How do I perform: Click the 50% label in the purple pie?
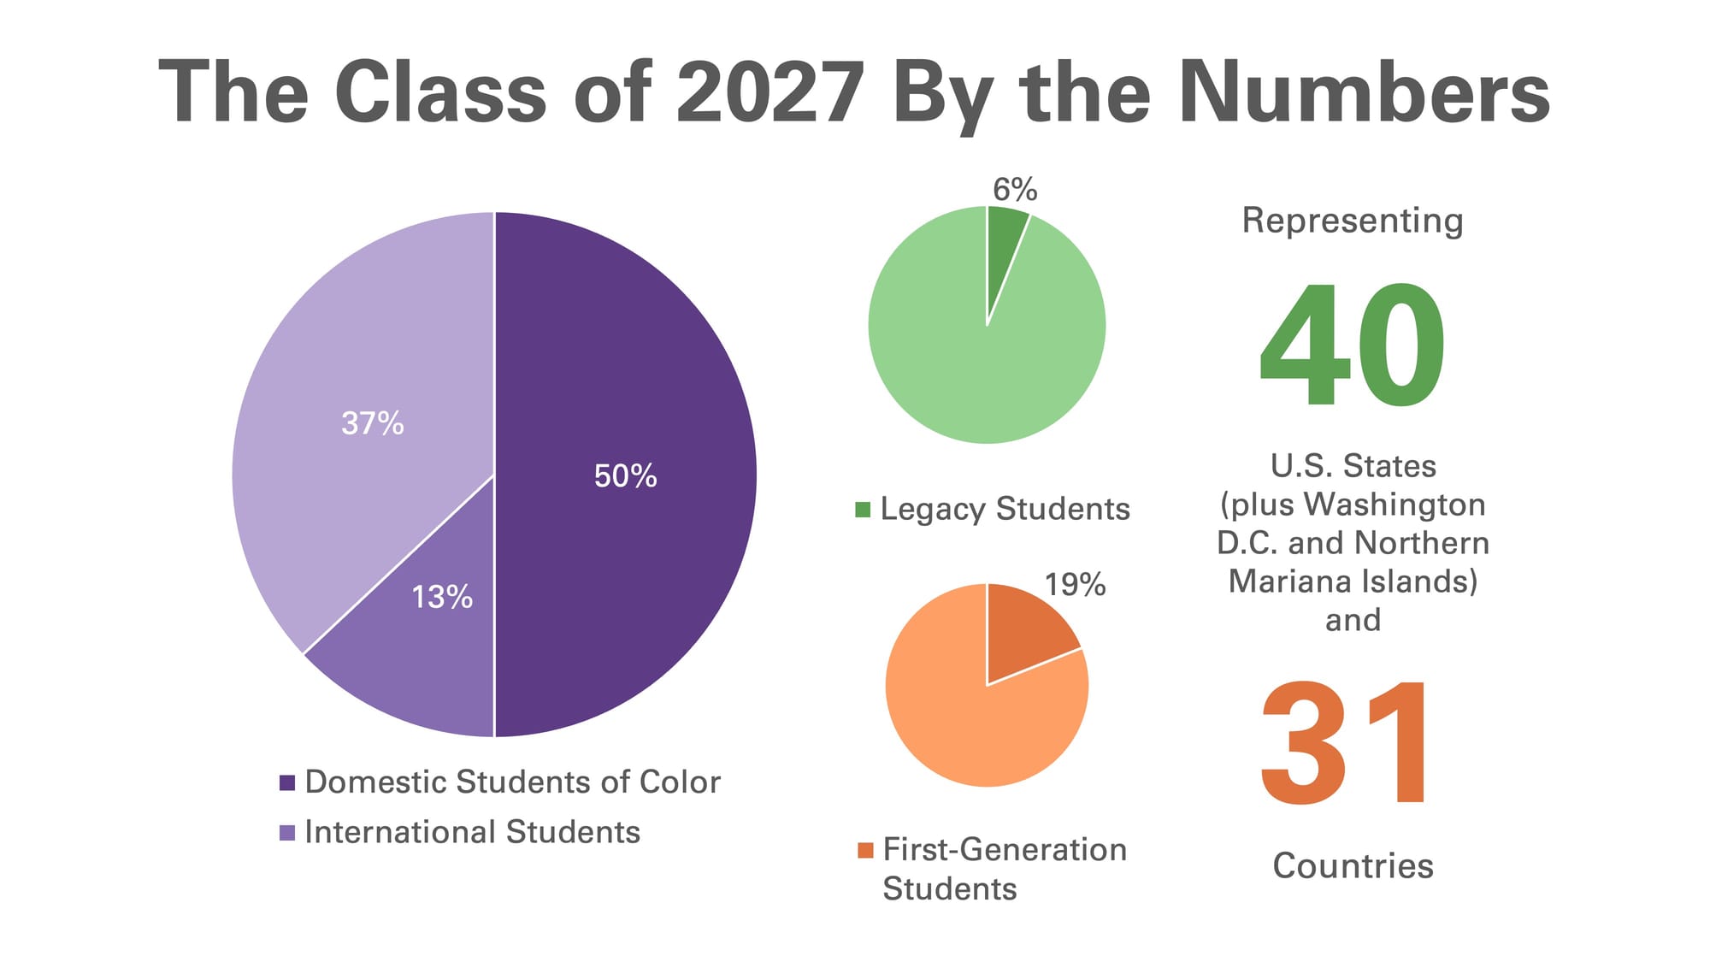(625, 476)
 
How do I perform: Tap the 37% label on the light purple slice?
(372, 423)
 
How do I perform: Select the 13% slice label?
(441, 597)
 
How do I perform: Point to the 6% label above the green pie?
(1015, 189)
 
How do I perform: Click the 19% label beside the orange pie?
(1075, 585)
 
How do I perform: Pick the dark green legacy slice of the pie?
(1003, 248)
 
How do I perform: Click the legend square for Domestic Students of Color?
(287, 782)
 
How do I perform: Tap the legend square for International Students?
(287, 832)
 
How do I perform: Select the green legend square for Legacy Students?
(863, 510)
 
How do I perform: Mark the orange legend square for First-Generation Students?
(865, 850)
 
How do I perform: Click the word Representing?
(1353, 221)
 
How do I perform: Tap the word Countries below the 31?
(1353, 866)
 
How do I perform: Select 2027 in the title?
(769, 92)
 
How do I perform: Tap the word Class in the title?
(440, 92)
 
